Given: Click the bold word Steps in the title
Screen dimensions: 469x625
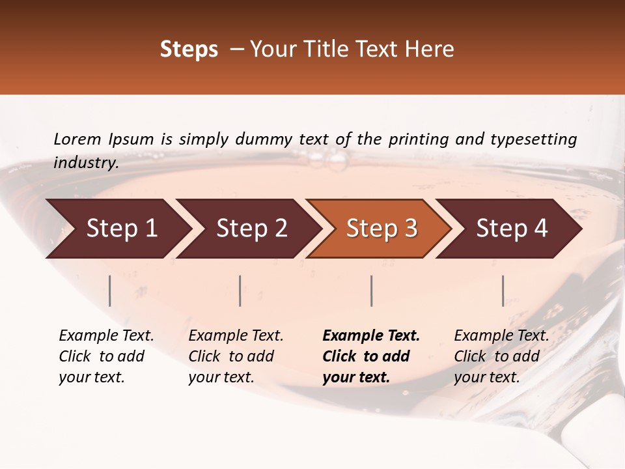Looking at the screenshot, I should coord(189,50).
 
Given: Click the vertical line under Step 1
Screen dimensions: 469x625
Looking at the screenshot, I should coord(110,291).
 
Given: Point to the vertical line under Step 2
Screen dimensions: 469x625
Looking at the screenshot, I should coord(240,291).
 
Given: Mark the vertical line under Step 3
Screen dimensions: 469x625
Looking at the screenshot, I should coord(372,291).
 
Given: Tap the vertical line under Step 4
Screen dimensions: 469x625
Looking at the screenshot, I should coord(503,291).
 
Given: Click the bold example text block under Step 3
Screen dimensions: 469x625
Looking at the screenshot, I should coord(370,356).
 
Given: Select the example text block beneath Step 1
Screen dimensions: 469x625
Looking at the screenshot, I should coord(105,356).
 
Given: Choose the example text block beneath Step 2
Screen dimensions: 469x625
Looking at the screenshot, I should coord(235,356).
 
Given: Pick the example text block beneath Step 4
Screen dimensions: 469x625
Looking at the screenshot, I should coord(501,356).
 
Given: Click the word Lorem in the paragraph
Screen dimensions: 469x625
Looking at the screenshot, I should coord(77,139).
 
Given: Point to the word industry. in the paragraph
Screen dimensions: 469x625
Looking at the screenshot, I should coord(86,163).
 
